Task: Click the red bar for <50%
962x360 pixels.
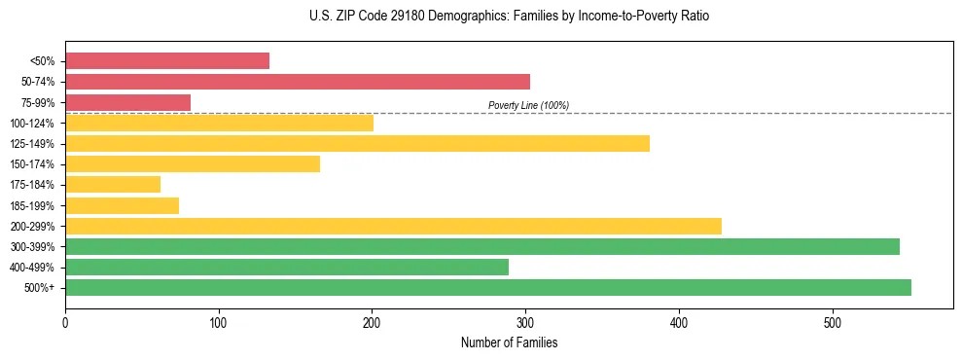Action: (167, 61)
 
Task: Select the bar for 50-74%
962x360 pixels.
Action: (298, 82)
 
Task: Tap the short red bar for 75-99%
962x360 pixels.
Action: (127, 102)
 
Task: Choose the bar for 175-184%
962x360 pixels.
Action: (113, 185)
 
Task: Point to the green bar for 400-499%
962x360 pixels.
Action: (287, 267)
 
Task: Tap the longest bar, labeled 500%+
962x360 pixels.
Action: (488, 287)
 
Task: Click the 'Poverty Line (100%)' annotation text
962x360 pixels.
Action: (528, 105)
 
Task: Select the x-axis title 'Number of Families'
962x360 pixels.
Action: (509, 342)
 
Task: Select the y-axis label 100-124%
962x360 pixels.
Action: (32, 124)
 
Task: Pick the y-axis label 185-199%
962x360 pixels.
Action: (32, 205)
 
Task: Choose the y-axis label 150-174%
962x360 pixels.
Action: (32, 164)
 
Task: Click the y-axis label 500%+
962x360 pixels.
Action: (39, 288)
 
